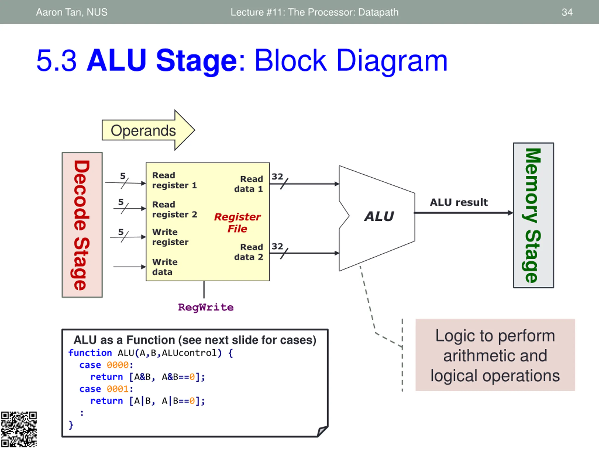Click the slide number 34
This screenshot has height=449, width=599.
coord(567,12)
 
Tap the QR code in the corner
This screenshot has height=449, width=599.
coord(19,429)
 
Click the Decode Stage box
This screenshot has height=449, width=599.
coord(82,225)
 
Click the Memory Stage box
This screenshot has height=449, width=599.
coord(533,215)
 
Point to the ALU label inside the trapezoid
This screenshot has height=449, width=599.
coord(379,217)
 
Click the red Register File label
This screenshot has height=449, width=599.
coord(237,223)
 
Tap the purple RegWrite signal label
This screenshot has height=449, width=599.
coord(205,308)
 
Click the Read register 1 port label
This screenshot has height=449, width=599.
coord(174,180)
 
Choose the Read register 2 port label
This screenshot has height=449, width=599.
coord(174,210)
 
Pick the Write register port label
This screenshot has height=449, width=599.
coord(170,237)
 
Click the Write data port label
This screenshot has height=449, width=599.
coord(165,267)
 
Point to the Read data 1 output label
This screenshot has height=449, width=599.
coord(248,184)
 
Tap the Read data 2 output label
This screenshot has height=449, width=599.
coord(248,252)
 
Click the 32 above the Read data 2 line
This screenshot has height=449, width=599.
coord(277,246)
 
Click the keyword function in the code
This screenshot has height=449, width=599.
coord(90,353)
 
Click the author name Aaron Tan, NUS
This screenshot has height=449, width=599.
coord(72,12)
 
